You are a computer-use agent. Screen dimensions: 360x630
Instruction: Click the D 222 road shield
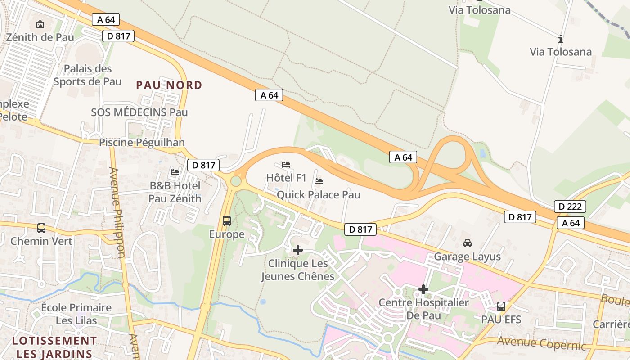pos(570,207)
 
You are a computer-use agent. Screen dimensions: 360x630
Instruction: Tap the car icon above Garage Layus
pos(468,243)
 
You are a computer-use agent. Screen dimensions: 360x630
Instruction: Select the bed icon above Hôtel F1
pos(286,165)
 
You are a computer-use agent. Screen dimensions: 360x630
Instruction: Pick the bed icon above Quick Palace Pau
pos(319,181)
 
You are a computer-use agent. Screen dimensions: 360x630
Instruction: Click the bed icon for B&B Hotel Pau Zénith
pos(175,172)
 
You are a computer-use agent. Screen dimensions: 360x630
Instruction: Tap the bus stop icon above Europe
pos(227,221)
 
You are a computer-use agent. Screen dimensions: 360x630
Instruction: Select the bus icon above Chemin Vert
pos(41,228)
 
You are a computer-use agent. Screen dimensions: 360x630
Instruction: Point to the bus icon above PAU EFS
pos(501,306)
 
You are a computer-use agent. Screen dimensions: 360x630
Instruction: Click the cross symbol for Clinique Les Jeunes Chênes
pos(297,250)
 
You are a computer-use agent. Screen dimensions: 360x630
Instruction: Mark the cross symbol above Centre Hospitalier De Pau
pos(423,289)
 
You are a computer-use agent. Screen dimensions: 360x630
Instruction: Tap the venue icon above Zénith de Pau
pos(40,24)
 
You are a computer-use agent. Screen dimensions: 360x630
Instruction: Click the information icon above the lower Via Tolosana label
pos(561,39)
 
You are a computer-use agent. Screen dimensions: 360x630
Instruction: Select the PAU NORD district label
pos(169,85)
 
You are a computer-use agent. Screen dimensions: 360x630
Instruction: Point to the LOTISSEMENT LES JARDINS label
pos(54,347)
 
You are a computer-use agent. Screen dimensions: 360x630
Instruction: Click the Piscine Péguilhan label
pos(142,143)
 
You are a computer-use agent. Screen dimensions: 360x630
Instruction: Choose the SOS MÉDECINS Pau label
pos(139,112)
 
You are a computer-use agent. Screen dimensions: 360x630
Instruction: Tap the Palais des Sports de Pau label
pos(88,75)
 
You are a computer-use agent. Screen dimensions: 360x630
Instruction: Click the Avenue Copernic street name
pos(541,343)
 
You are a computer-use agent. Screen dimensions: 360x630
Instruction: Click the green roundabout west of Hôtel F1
pos(236,181)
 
